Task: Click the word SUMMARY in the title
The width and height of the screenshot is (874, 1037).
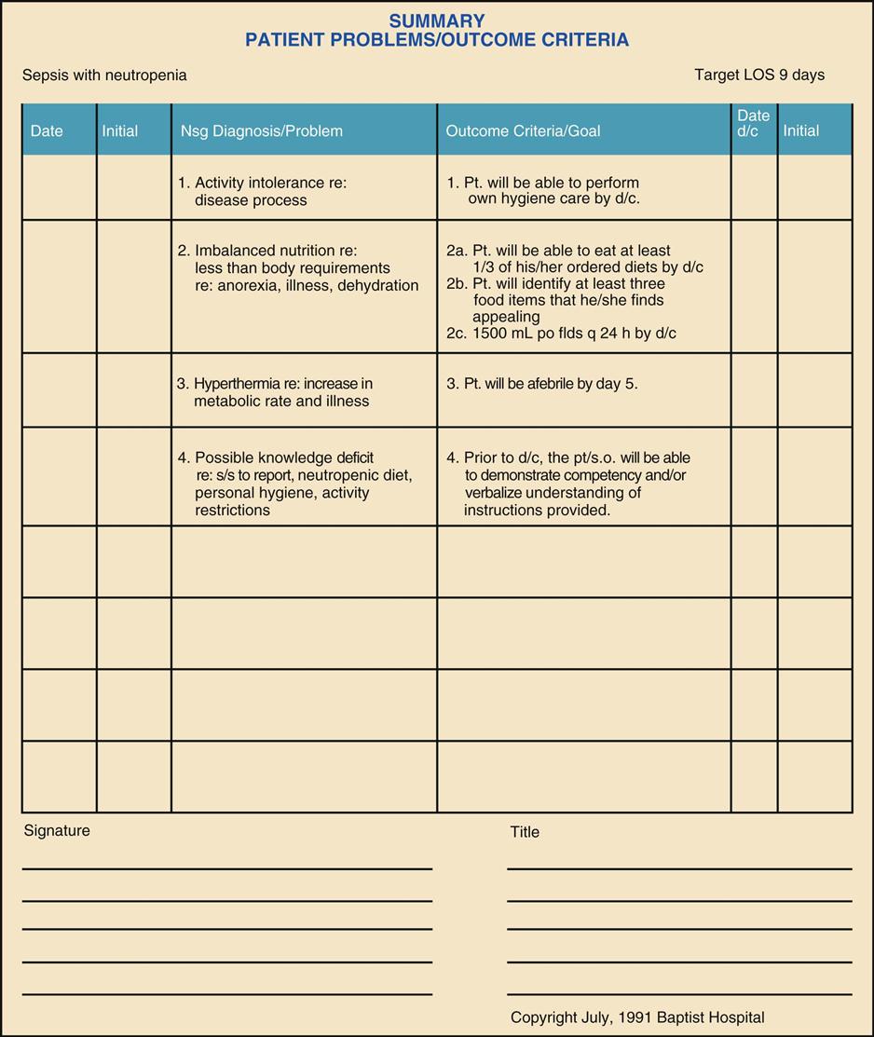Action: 437,20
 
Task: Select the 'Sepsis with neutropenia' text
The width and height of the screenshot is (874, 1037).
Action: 104,75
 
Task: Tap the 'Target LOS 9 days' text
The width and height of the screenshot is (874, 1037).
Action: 759,75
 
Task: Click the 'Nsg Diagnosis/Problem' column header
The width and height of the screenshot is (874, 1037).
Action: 261,131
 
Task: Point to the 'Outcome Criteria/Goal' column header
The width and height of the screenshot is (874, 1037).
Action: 523,131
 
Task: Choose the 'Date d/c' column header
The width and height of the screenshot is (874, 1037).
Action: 753,123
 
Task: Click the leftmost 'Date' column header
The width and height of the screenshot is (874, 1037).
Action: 47,131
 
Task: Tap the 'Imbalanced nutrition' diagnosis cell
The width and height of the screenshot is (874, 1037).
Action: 298,267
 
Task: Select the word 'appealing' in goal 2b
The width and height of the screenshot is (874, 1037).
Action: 506,317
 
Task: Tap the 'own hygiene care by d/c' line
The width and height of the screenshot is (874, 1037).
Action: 553,199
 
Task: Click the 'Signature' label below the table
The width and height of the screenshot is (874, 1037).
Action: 57,830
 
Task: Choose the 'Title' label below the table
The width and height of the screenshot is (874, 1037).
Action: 525,832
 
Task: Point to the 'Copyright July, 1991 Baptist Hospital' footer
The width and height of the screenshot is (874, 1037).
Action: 637,1017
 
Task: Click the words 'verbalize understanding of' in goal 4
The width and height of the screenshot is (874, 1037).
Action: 553,493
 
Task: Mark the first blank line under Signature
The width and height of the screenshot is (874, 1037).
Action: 226,867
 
